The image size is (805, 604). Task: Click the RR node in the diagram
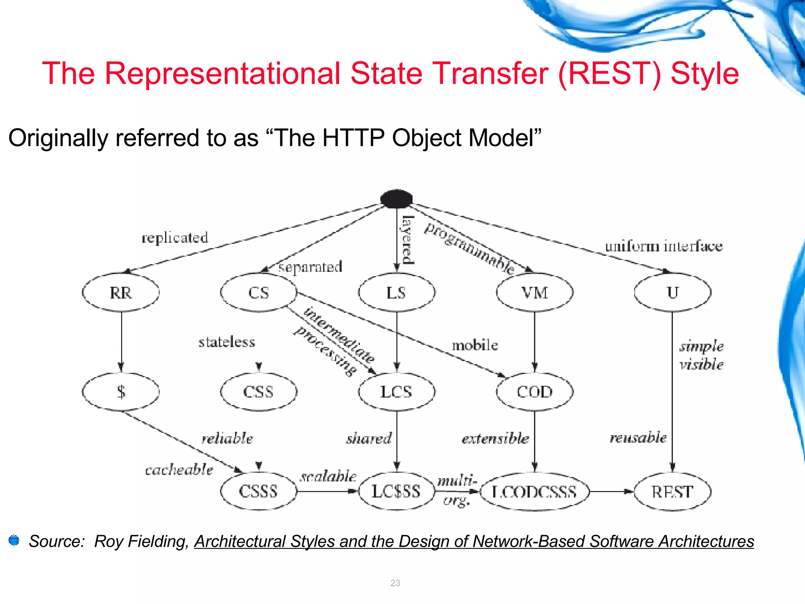[x=121, y=293]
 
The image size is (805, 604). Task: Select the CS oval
[x=259, y=293]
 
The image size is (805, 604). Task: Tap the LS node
[x=396, y=293]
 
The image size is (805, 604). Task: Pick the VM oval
[x=535, y=293]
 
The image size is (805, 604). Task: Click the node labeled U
[x=673, y=293]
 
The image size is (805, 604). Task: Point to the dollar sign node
[x=121, y=392]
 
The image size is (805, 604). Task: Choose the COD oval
[x=535, y=392]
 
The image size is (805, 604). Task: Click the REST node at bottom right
[x=673, y=492]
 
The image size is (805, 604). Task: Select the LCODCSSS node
[x=535, y=492]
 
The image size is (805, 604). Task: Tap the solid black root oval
[x=397, y=199]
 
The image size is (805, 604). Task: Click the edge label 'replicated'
[x=175, y=238]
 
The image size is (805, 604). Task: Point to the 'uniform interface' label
[x=664, y=246]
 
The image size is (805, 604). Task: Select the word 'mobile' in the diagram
[x=475, y=345]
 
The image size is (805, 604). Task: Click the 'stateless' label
[x=227, y=342]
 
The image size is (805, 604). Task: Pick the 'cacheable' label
[x=179, y=470]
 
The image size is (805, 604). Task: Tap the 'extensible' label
[x=495, y=438]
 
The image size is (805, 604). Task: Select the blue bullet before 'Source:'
[x=14, y=540]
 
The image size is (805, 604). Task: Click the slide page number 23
[x=395, y=583]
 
